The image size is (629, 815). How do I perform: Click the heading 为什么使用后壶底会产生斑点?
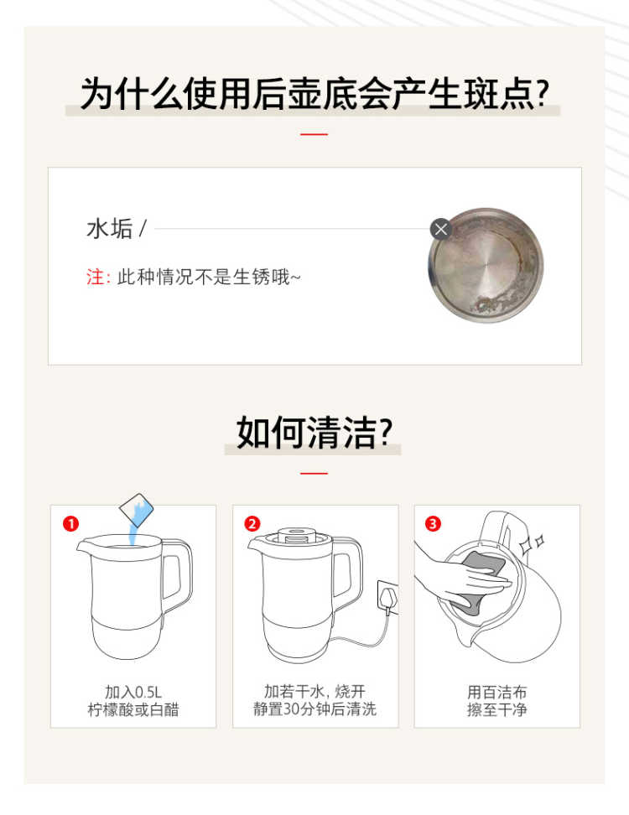click(314, 94)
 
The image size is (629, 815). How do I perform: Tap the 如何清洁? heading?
click(314, 432)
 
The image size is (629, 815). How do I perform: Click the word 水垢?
click(110, 229)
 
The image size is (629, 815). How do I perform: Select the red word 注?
click(95, 277)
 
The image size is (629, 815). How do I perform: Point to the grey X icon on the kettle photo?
click(441, 229)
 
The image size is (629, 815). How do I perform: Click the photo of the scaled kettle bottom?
click(486, 265)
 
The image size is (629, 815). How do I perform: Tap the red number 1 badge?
click(70, 523)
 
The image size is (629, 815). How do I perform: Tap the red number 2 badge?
click(252, 523)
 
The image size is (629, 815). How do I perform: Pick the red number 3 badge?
click(433, 523)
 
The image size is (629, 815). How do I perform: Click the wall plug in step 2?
click(387, 599)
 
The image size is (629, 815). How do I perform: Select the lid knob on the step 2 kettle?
click(298, 535)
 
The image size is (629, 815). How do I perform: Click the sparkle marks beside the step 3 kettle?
click(533, 543)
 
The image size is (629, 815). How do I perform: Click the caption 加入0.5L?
click(133, 692)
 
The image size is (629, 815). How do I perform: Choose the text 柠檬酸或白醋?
click(133, 709)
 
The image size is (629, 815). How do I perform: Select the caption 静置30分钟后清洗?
click(314, 709)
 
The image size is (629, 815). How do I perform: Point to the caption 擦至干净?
click(497, 709)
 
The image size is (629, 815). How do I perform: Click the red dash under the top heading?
click(314, 134)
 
